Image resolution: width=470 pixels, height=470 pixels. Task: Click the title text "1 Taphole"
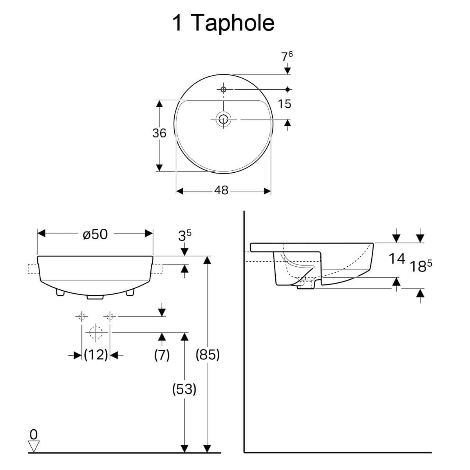point(223,23)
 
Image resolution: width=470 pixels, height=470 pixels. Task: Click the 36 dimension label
point(159,133)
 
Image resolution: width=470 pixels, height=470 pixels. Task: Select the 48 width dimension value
point(221,190)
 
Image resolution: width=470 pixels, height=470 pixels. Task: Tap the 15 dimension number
point(284,104)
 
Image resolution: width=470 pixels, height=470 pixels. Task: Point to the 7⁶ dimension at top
point(287,56)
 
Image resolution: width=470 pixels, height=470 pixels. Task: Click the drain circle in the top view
point(223,119)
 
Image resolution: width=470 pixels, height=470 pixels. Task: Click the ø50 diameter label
point(95,234)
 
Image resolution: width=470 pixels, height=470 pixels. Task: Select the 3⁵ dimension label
point(184,236)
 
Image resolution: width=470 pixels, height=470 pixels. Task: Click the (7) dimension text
point(162,355)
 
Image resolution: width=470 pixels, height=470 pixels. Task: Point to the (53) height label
point(184,389)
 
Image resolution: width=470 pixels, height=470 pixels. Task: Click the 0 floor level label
point(34,434)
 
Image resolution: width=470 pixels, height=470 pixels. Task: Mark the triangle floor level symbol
point(34,446)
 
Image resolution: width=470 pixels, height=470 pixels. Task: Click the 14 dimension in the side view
point(397,259)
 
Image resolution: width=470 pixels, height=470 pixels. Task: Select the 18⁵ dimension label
point(421,266)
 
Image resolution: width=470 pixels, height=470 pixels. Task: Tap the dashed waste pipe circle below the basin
point(96,333)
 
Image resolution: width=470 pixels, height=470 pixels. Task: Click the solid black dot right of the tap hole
point(287,90)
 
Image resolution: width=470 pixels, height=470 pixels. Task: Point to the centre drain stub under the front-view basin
point(95,297)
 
